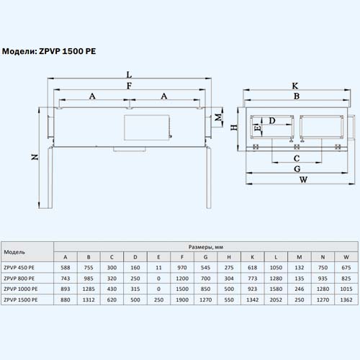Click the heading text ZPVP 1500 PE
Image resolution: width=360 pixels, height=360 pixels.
click(68, 51)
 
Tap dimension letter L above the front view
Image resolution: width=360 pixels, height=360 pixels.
click(129, 75)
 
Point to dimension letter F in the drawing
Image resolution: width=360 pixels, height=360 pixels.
click(129, 86)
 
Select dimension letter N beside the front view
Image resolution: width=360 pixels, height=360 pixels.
click(35, 157)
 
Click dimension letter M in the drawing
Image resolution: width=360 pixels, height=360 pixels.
click(218, 117)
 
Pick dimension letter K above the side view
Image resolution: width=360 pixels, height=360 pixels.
click(295, 86)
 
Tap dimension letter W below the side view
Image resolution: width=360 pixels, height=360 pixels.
click(303, 179)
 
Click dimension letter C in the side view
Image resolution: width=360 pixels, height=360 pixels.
click(297, 158)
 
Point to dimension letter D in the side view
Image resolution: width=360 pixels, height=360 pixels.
click(272, 120)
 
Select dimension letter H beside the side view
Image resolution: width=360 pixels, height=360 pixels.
click(234, 127)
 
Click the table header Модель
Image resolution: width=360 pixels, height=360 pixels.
click(14, 252)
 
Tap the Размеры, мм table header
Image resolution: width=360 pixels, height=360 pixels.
click(206, 247)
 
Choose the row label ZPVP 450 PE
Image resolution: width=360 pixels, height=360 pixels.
click(19, 268)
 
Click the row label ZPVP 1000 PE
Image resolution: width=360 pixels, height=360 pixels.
click(21, 289)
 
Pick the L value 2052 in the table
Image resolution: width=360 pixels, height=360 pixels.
click(276, 300)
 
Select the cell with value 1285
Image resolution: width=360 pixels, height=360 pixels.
click(89, 289)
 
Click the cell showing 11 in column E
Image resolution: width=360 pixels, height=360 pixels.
click(158, 268)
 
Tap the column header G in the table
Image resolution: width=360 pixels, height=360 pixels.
click(205, 257)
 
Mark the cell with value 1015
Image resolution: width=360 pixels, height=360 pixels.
click(346, 289)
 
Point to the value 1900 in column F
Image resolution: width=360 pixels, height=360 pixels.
click(182, 300)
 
